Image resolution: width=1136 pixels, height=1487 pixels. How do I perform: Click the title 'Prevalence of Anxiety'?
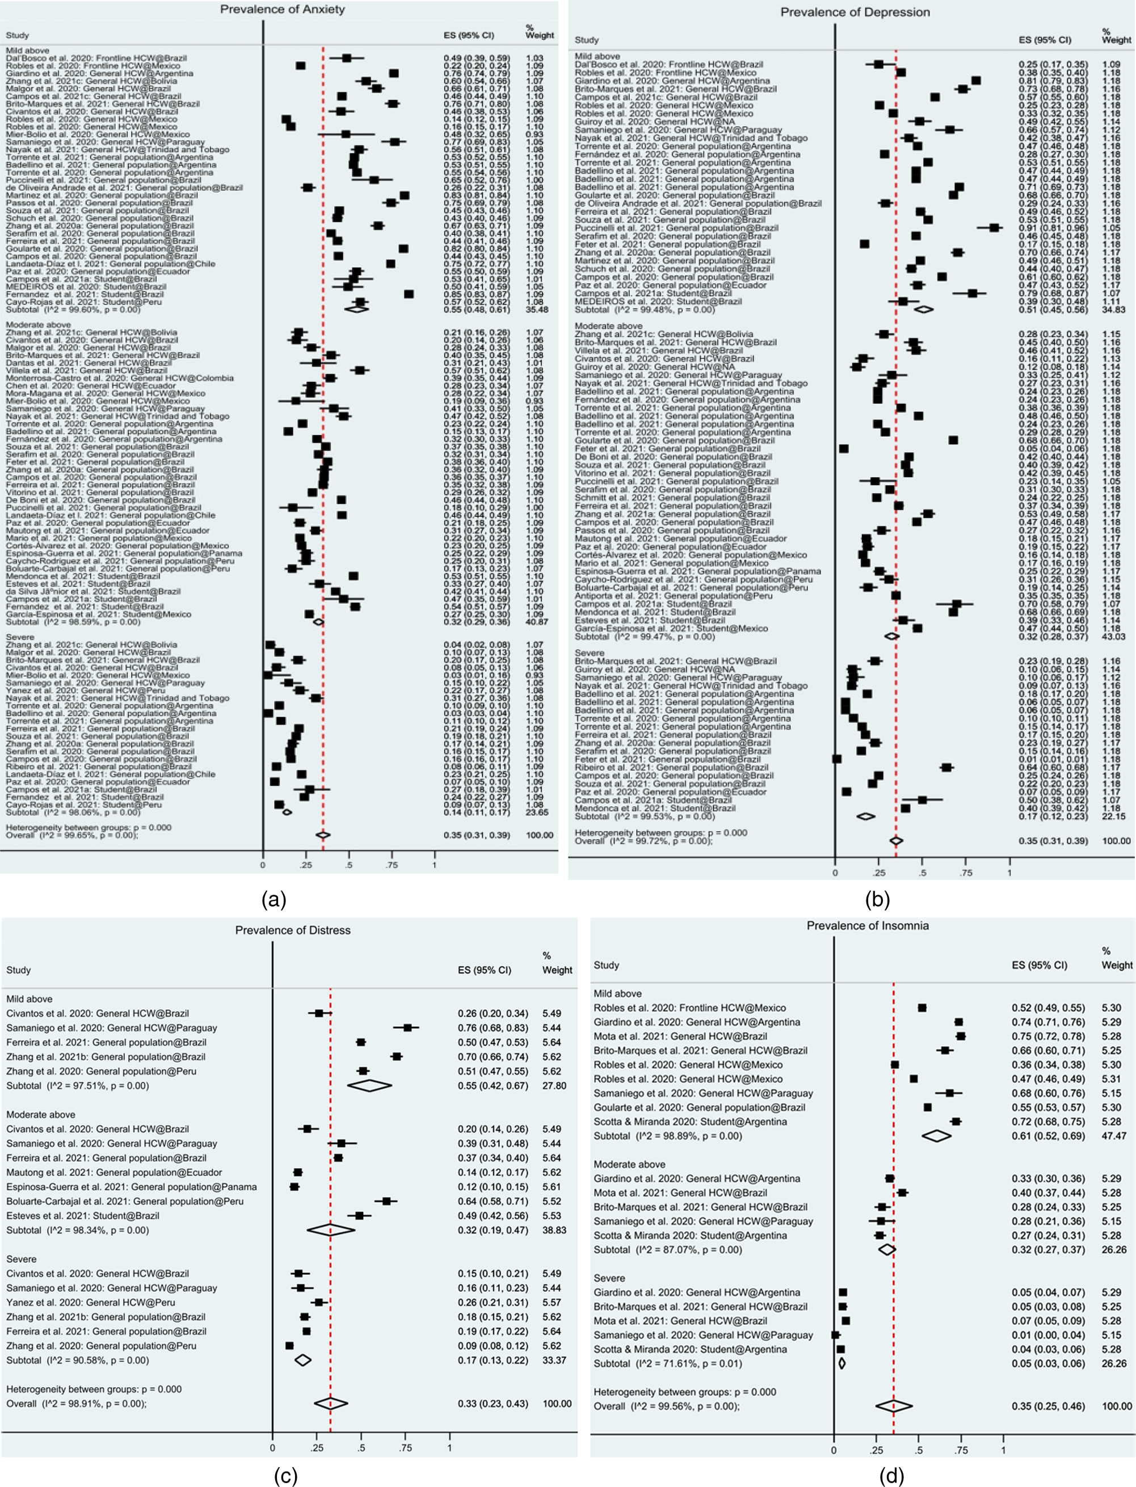[282, 10]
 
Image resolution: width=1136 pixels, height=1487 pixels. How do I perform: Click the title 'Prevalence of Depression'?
[855, 12]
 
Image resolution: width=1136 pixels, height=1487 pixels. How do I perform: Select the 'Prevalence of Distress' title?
[293, 930]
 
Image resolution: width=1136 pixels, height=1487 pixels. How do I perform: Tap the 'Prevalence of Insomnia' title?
[868, 925]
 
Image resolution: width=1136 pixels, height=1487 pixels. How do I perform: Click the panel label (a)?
[274, 899]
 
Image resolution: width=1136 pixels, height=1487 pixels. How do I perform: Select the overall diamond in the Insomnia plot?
[893, 1406]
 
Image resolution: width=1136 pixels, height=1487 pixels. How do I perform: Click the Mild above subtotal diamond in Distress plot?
[368, 1085]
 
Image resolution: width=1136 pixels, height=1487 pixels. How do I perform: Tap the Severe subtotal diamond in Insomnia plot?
[842, 1363]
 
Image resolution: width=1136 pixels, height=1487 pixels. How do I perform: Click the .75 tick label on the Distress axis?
[406, 1447]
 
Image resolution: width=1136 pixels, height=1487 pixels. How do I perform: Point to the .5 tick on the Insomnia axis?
[918, 1450]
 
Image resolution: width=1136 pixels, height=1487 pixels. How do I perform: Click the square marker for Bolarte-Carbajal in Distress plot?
[387, 1201]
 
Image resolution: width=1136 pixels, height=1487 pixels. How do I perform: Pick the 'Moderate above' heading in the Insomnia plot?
[629, 1164]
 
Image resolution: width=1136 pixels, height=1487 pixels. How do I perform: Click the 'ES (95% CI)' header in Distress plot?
[484, 970]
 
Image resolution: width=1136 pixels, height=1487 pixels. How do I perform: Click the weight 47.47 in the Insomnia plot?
[1115, 1135]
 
